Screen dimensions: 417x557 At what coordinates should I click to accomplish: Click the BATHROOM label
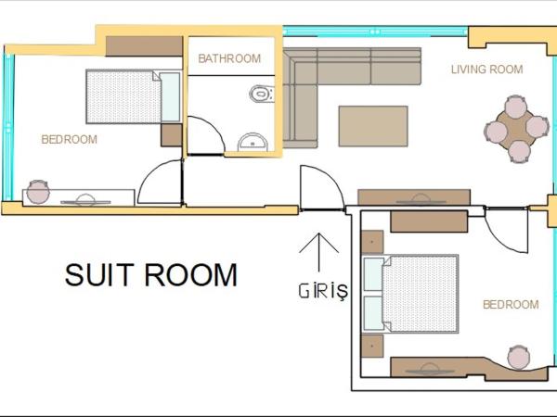[229, 58]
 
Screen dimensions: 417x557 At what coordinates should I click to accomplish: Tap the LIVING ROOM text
[486, 69]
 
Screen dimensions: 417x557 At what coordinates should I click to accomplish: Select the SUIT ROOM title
[151, 274]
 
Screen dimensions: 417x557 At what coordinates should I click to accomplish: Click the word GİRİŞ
[322, 291]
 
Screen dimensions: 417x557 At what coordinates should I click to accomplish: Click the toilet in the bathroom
[263, 94]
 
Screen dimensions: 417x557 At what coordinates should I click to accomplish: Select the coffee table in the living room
[373, 126]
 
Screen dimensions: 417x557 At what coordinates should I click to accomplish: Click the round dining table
[517, 127]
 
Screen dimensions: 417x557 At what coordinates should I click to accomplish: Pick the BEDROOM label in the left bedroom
[69, 140]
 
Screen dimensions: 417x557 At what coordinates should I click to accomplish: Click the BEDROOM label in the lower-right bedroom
[510, 304]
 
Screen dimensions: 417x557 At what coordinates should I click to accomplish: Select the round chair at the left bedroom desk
[38, 192]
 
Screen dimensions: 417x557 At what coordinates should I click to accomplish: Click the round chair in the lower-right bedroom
[518, 356]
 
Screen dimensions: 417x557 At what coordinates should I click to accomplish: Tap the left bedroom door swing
[161, 183]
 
